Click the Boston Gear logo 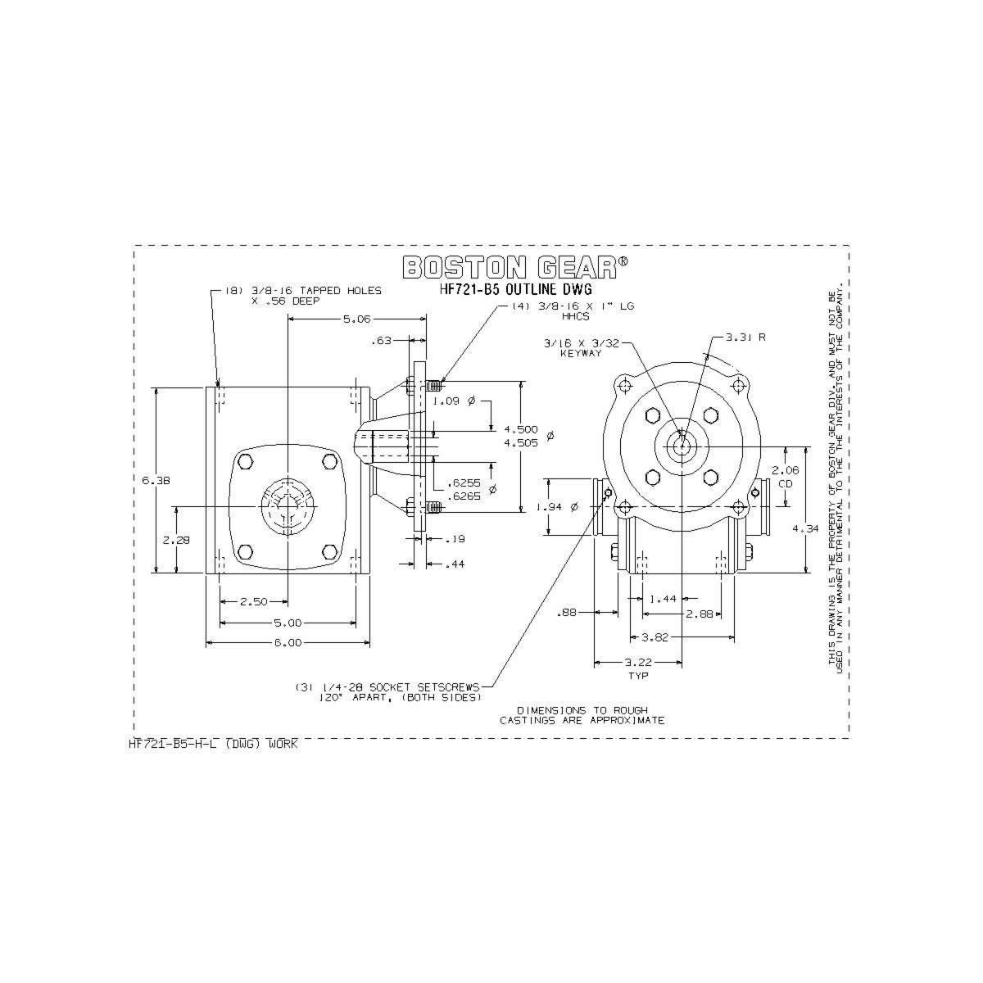(x=515, y=267)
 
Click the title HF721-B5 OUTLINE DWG (x=515, y=290)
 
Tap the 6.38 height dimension (x=156, y=481)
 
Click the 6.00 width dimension (x=287, y=643)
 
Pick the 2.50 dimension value (x=253, y=602)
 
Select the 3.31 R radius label (x=745, y=337)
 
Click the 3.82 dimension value (x=657, y=637)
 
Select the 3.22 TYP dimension (x=638, y=668)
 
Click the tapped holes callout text (x=303, y=296)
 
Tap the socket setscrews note (x=389, y=691)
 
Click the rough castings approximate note (x=582, y=715)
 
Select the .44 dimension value (x=455, y=564)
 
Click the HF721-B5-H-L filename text (x=213, y=744)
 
